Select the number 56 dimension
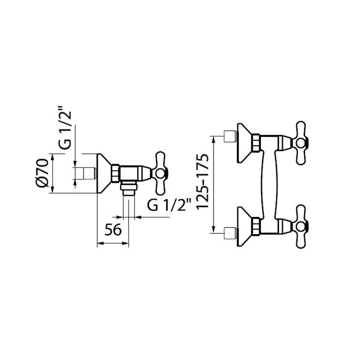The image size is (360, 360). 113,229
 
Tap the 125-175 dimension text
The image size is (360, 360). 202,181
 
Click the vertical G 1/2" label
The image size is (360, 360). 64,127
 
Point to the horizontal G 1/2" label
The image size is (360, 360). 169,205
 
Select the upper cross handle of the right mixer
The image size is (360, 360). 300,143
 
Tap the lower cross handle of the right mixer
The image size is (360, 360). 300,227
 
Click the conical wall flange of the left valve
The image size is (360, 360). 104,173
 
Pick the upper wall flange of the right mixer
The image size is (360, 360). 244,143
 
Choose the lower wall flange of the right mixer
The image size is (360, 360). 244,227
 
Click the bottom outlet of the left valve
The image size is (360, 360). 129,188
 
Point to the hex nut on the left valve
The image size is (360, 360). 116,173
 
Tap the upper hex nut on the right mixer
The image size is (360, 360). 256,143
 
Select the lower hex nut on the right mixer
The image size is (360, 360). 256,227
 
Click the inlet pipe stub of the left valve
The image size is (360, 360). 90,173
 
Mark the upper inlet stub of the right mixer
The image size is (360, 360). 230,136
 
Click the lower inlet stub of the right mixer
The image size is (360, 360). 230,233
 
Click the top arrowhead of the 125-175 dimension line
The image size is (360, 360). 214,139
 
